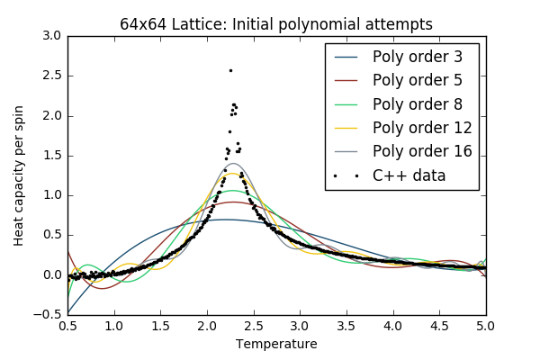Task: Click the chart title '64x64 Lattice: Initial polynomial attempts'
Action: [x=276, y=24]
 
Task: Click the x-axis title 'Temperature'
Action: [x=276, y=344]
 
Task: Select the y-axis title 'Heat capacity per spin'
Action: [x=19, y=175]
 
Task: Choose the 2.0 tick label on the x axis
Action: [x=207, y=325]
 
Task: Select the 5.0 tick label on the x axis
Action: [x=486, y=325]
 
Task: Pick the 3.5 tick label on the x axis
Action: [x=346, y=325]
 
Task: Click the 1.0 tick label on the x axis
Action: [x=114, y=325]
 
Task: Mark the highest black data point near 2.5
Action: [x=230, y=70]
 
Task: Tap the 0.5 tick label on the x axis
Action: [x=67, y=325]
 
